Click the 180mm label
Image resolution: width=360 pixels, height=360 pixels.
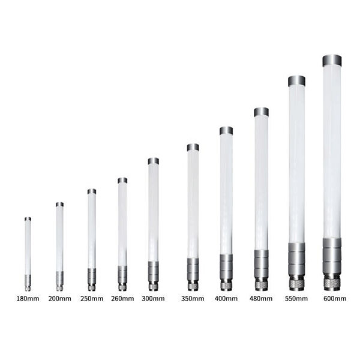[x=28, y=298]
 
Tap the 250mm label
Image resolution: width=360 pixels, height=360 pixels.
[x=92, y=298]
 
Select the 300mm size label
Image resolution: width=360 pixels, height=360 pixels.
[x=153, y=298]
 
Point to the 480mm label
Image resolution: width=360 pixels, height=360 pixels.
[x=261, y=298]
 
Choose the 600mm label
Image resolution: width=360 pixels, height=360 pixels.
[x=335, y=298]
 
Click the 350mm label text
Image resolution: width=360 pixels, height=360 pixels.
[x=193, y=298]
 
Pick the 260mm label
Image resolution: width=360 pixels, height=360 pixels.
[x=122, y=298]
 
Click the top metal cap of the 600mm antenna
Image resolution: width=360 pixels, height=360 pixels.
[x=332, y=61]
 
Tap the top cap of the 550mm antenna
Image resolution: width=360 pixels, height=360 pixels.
[x=296, y=81]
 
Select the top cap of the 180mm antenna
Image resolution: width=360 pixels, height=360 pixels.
[x=28, y=219]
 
